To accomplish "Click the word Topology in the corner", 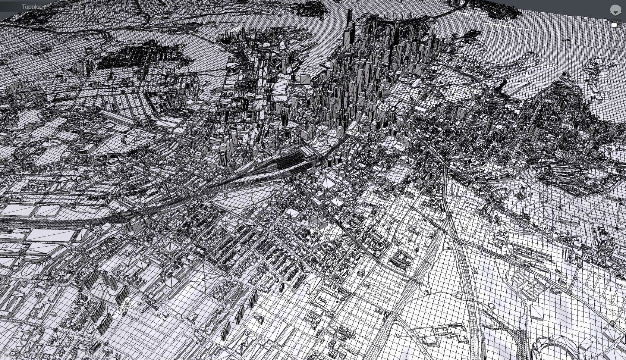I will pos(34,7).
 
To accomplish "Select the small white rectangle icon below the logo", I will pos(614,25).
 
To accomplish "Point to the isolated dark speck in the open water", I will pos(567,40).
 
